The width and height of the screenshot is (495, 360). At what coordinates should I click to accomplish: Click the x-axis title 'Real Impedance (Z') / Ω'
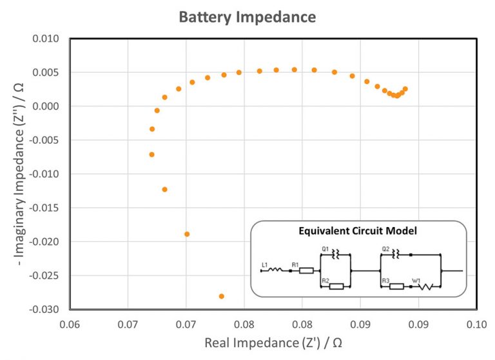pyautogui.click(x=273, y=343)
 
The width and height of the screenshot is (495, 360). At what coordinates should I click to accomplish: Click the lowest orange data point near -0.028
pyautogui.click(x=222, y=296)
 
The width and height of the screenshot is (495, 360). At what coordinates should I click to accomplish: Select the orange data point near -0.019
pyautogui.click(x=187, y=234)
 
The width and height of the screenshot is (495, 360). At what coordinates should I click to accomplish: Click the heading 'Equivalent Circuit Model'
pyautogui.click(x=357, y=231)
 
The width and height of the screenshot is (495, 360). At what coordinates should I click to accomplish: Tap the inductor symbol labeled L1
pyautogui.click(x=275, y=271)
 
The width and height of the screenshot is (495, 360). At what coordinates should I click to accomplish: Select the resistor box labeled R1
pyautogui.click(x=307, y=271)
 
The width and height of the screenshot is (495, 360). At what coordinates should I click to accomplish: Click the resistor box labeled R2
pyautogui.click(x=336, y=286)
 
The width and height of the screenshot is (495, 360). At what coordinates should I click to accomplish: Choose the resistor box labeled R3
pyautogui.click(x=396, y=286)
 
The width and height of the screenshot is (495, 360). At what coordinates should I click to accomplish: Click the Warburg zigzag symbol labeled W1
pyautogui.click(x=425, y=286)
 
